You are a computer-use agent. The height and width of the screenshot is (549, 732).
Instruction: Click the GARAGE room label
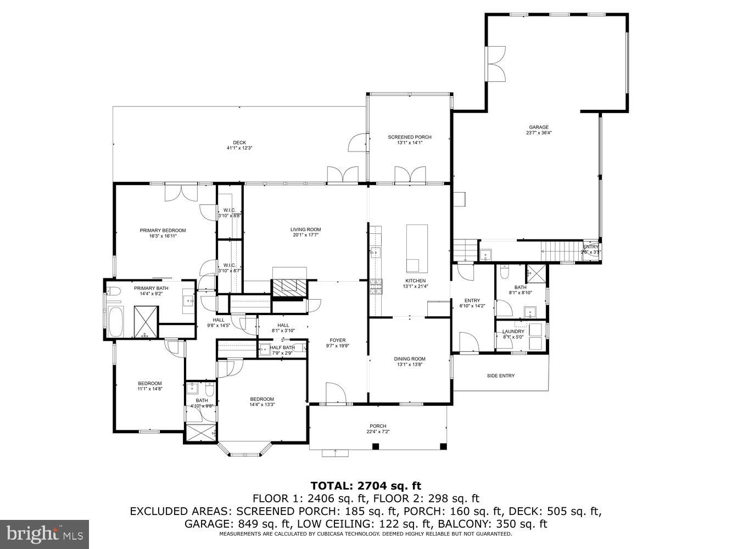tap(538, 127)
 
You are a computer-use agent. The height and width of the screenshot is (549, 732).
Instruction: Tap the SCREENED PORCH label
tap(409, 137)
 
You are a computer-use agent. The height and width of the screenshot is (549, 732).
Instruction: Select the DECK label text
tap(239, 143)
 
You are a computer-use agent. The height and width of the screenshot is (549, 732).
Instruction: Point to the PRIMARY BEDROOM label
tap(163, 231)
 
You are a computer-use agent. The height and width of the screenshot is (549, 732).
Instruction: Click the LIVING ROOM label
tap(305, 229)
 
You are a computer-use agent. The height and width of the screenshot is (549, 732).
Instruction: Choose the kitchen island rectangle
tap(417, 248)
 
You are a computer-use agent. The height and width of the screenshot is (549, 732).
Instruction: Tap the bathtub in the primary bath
tap(116, 322)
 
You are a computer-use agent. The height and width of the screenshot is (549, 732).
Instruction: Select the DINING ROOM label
tap(409, 359)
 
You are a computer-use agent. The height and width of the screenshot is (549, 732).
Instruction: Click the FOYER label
tap(338, 340)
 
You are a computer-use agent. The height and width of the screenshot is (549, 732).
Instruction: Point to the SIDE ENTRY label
tap(500, 376)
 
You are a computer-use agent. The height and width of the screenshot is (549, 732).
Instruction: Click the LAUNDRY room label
tap(513, 332)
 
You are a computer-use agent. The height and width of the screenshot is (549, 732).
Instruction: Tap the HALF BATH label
tap(282, 348)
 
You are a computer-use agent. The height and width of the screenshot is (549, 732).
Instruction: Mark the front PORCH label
tap(378, 426)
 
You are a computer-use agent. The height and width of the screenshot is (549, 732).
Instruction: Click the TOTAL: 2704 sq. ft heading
tap(366, 485)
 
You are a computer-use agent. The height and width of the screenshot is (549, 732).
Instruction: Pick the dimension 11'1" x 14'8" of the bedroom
tap(149, 389)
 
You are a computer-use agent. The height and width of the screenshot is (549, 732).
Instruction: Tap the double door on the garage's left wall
tap(496, 64)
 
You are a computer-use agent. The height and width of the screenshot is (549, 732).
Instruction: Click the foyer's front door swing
tap(335, 393)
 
